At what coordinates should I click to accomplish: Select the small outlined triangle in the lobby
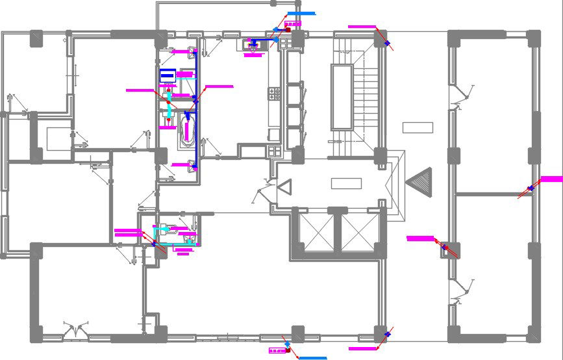tap(284, 187)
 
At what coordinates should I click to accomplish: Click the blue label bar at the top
tap(301, 13)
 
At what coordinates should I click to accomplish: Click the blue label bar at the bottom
tap(312, 357)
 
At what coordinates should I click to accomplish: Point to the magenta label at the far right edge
tap(551, 179)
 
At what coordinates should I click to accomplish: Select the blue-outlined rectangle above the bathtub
tap(168, 75)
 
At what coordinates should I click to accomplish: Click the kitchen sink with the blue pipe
tap(252, 45)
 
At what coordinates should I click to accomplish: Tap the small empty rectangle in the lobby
tap(346, 183)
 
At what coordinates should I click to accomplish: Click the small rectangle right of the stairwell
tap(418, 127)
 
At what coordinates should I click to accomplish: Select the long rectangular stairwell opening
tap(341, 97)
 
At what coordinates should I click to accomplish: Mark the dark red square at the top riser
tap(288, 30)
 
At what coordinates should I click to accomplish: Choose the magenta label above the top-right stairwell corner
tap(362, 27)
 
